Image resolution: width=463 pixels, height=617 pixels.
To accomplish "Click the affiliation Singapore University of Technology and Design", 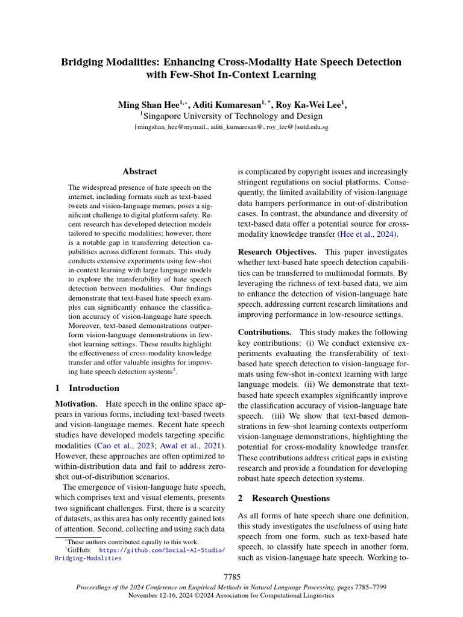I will [x=233, y=116].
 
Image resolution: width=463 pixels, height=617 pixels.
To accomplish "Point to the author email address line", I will [x=231, y=128].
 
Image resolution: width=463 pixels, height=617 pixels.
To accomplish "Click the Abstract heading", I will [x=139, y=172].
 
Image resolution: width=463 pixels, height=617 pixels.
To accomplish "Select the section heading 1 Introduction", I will [x=87, y=388].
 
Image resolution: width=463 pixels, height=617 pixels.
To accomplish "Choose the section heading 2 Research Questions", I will [x=283, y=498].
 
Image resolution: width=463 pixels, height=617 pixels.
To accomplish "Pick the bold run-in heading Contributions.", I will [x=265, y=332].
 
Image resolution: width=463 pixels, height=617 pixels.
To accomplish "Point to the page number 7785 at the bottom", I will [x=231, y=577].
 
